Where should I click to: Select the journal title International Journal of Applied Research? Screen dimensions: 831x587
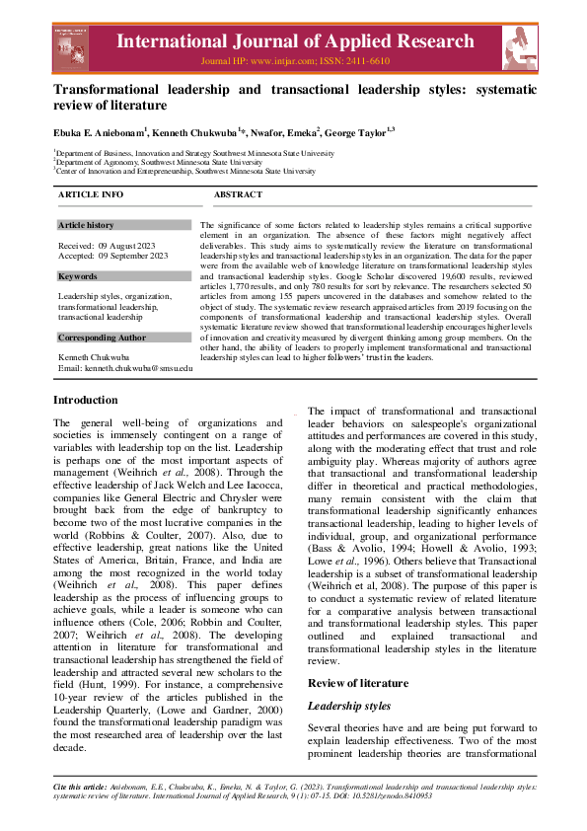(294, 41)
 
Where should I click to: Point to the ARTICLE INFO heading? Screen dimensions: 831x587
(91, 195)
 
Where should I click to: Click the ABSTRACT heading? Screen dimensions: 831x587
(238, 195)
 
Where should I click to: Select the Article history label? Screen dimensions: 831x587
(86, 226)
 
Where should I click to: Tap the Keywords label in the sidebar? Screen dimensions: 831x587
(78, 276)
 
